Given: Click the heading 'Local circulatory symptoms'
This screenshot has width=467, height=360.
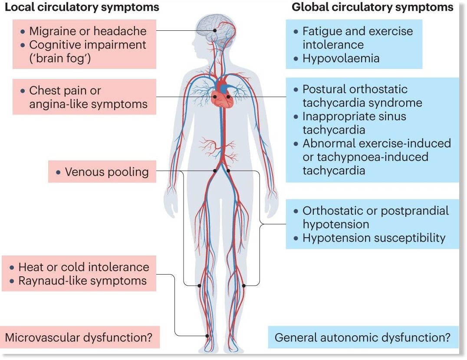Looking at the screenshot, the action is tap(82, 7).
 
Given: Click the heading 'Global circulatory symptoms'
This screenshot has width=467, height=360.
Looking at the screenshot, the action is tap(372, 7).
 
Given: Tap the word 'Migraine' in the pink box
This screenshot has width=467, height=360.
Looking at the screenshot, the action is tap(53, 31).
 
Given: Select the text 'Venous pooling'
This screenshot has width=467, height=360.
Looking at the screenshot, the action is tap(107, 172).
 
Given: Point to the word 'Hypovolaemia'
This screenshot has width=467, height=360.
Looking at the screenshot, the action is tap(341, 58).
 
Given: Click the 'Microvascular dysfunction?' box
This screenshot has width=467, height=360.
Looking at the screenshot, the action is tap(80, 337).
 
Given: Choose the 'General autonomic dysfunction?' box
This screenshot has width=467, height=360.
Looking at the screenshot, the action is tap(363, 337).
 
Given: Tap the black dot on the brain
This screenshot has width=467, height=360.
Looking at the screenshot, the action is tap(215, 30).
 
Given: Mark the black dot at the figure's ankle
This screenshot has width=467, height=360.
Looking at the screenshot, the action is tap(207, 336).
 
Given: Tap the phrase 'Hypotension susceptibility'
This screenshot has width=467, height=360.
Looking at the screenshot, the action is tap(374, 238).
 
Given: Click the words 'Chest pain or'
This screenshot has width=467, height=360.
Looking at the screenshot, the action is tap(65, 91).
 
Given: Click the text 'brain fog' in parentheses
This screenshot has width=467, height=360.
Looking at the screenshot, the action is tap(59, 58).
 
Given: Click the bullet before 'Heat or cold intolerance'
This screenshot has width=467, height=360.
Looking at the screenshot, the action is tap(12, 268).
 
